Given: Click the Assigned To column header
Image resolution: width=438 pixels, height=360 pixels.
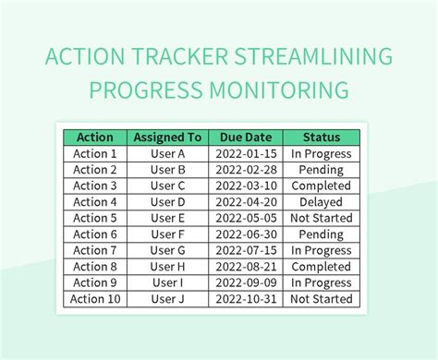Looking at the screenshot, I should pyautogui.click(x=168, y=138).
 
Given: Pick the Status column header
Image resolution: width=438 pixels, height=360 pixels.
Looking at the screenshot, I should pyautogui.click(x=321, y=138).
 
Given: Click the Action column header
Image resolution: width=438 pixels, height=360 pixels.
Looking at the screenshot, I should pyautogui.click(x=95, y=138).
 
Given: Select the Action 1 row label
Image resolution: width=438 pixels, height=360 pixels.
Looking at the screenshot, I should pyautogui.click(x=95, y=154).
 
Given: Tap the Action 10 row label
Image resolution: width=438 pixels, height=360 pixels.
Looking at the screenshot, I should pyautogui.click(x=95, y=299).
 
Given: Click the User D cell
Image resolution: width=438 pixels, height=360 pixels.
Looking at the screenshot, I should pyautogui.click(x=168, y=202).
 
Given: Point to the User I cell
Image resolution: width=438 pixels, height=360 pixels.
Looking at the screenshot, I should pyautogui.click(x=168, y=282).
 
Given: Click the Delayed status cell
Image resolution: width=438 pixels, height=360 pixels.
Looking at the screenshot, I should pyautogui.click(x=321, y=202).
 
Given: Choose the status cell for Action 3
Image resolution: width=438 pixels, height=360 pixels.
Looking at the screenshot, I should pyautogui.click(x=321, y=186).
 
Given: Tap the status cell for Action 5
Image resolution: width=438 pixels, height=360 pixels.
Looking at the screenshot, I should pyautogui.click(x=321, y=218).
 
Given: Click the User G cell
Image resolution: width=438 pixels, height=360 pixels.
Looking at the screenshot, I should pyautogui.click(x=168, y=250).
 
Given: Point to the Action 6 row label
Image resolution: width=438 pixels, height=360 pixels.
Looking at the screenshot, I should pyautogui.click(x=95, y=234).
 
